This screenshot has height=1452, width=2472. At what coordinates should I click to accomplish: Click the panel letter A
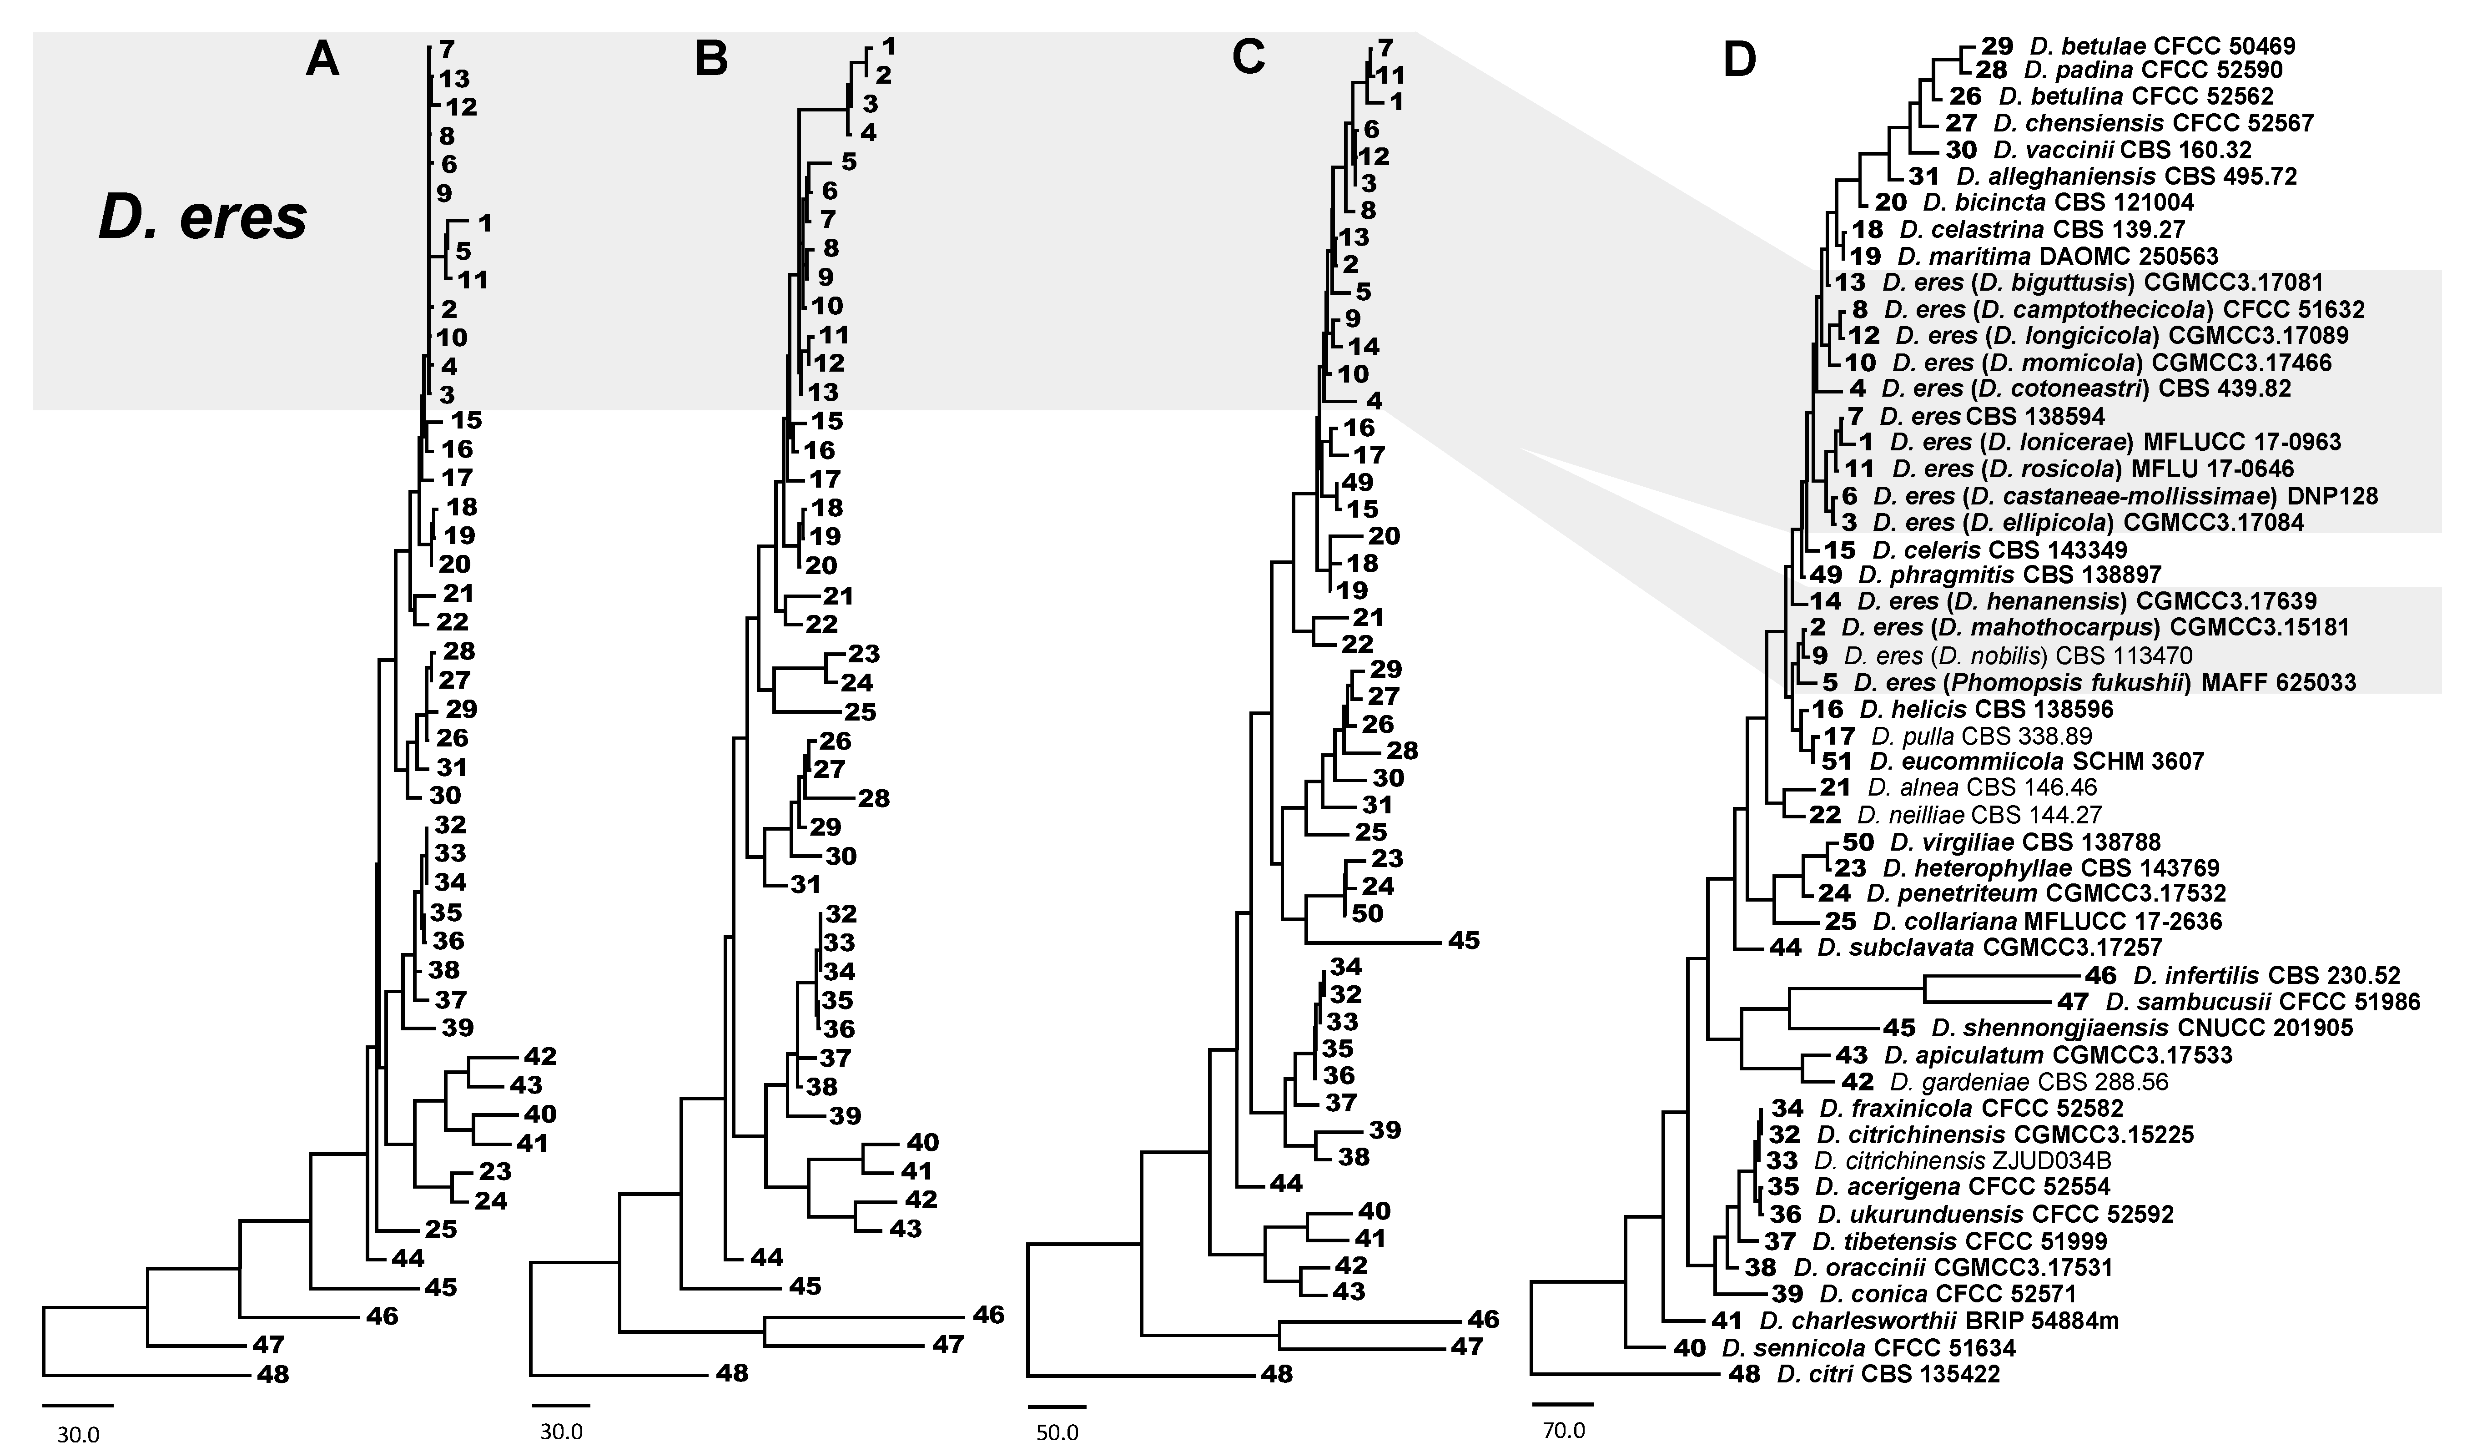(322, 61)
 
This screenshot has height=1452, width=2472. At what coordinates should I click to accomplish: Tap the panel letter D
(1740, 61)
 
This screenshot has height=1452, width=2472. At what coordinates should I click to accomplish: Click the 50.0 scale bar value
(1057, 1432)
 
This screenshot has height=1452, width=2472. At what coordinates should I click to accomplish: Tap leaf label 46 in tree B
(989, 1315)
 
